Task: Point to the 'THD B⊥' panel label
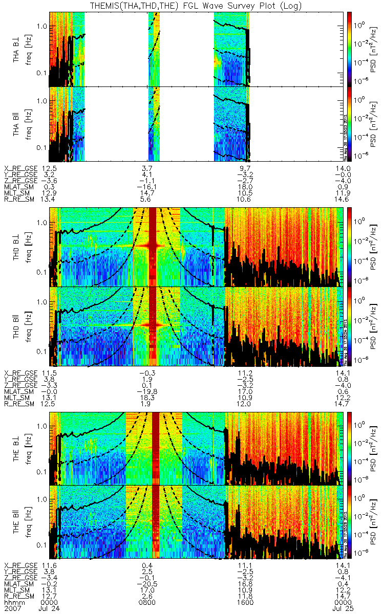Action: coord(17,247)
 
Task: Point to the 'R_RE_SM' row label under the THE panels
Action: coord(19,597)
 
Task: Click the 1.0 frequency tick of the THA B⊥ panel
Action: coord(42,26)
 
